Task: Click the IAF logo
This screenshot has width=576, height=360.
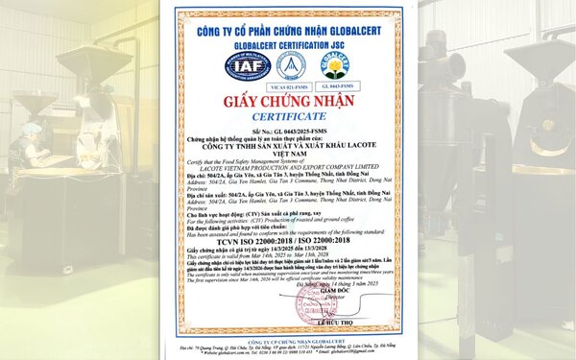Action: pyautogui.click(x=245, y=66)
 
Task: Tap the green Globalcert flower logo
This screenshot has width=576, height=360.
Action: pyautogui.click(x=335, y=65)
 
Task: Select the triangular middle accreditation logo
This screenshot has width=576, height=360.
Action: pyautogui.click(x=291, y=65)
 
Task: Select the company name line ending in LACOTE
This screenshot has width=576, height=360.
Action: pyautogui.click(x=288, y=150)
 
